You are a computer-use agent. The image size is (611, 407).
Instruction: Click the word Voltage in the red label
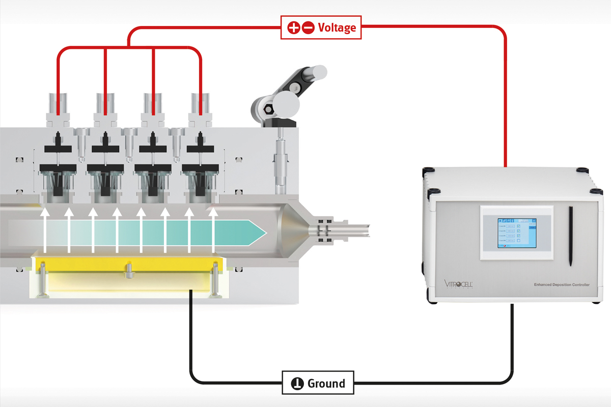337,27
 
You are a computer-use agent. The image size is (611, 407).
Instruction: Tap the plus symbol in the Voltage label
294,27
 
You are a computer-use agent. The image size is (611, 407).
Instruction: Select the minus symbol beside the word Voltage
308,27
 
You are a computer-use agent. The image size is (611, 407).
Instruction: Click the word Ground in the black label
326,383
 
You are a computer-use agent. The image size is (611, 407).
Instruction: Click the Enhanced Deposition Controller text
561,285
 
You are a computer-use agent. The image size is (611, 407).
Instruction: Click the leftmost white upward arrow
44,229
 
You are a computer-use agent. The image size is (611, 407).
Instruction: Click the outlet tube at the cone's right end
356,231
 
